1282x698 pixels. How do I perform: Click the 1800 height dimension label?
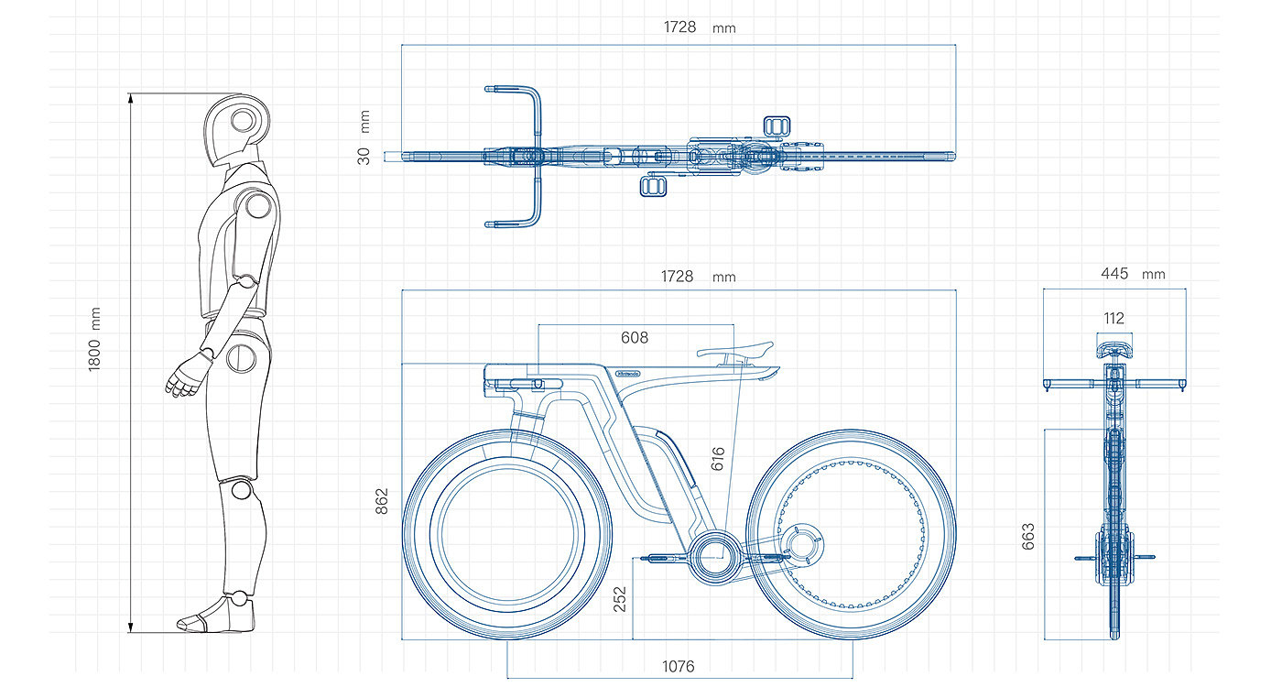click(x=93, y=351)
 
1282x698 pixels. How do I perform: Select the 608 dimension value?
click(x=635, y=338)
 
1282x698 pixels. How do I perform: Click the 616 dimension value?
click(x=718, y=459)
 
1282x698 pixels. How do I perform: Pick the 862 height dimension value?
click(x=382, y=501)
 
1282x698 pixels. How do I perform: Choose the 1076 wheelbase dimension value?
click(x=678, y=666)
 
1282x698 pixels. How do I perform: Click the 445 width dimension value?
click(x=1114, y=274)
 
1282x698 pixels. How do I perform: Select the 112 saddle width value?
click(x=1114, y=319)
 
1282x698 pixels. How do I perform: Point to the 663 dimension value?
click(x=1027, y=536)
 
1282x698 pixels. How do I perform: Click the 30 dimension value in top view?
click(x=364, y=156)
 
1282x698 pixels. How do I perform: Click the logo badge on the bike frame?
click(x=628, y=374)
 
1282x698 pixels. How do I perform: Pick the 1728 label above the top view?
click(x=679, y=27)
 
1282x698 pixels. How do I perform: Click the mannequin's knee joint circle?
click(x=241, y=490)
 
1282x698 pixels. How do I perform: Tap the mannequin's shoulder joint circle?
click(x=258, y=206)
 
